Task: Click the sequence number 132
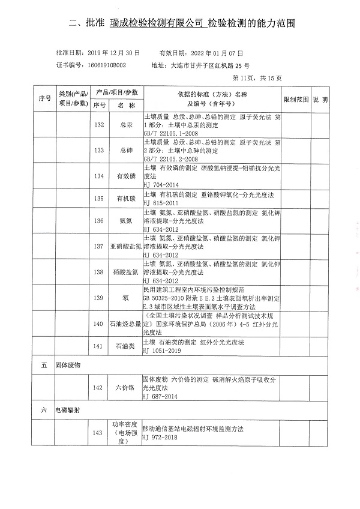[100, 125]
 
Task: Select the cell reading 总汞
[126, 125]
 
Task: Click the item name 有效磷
[126, 176]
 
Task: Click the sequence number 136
[100, 221]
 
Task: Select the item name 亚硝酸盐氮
[126, 247]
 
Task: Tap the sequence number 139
[100, 298]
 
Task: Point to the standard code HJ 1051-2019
[162, 351]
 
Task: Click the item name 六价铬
[126, 388]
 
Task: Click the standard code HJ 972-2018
[160, 438]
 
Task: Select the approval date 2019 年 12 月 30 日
[113, 53]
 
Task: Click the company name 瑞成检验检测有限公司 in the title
[157, 23]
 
